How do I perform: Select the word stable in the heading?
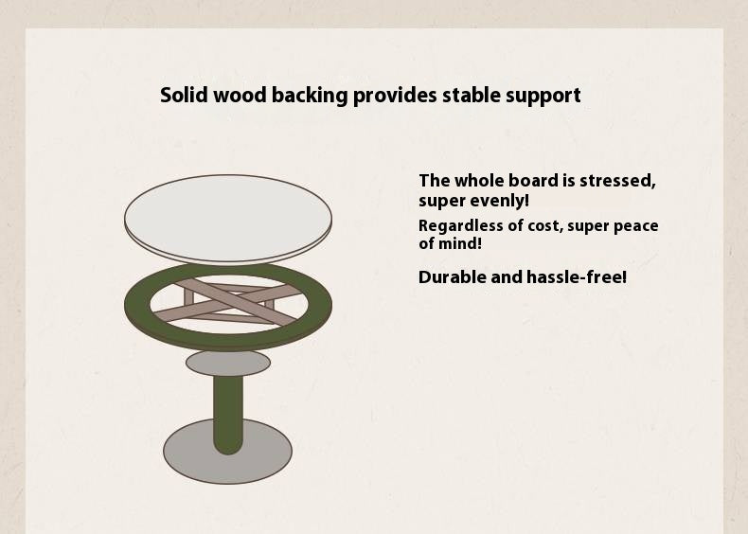pyautogui.click(x=469, y=96)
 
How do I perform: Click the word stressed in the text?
pyautogui.click(x=618, y=181)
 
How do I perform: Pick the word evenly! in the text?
pyautogui.click(x=501, y=201)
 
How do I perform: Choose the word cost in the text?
pyautogui.click(x=541, y=226)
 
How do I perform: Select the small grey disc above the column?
pyautogui.click(x=228, y=363)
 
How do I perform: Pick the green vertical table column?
pyautogui.click(x=228, y=412)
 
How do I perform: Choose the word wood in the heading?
pyautogui.click(x=241, y=96)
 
